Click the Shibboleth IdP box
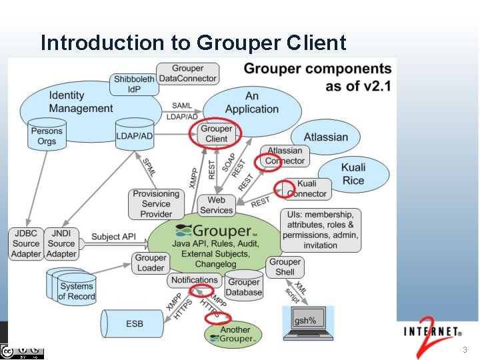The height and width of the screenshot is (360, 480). tap(134, 84)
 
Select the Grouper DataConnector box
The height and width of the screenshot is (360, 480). tap(188, 73)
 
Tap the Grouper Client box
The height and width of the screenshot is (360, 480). tap(216, 133)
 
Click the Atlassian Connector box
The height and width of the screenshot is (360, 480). tap(285, 155)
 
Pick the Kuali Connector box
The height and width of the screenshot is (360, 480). tap(307, 189)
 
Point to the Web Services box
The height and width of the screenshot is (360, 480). tap(216, 205)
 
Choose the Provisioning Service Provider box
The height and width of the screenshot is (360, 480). tap(156, 204)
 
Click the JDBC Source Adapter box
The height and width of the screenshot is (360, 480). tap(26, 243)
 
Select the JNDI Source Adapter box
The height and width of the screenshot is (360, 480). tap(61, 243)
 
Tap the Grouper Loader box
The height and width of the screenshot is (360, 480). tap(151, 263)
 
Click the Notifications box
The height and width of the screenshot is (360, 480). tap(194, 280)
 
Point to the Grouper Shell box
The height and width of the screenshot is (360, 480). tap(285, 267)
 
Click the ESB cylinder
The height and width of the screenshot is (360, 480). tap(134, 324)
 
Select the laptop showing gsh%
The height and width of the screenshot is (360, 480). tap(307, 324)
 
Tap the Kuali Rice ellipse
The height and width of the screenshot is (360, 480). tap(353, 174)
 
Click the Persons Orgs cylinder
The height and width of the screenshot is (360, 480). tap(47, 135)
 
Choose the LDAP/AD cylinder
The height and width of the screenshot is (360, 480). tap(134, 136)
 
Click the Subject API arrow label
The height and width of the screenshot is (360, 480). tap(113, 236)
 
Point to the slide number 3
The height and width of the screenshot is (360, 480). tap(465, 350)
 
